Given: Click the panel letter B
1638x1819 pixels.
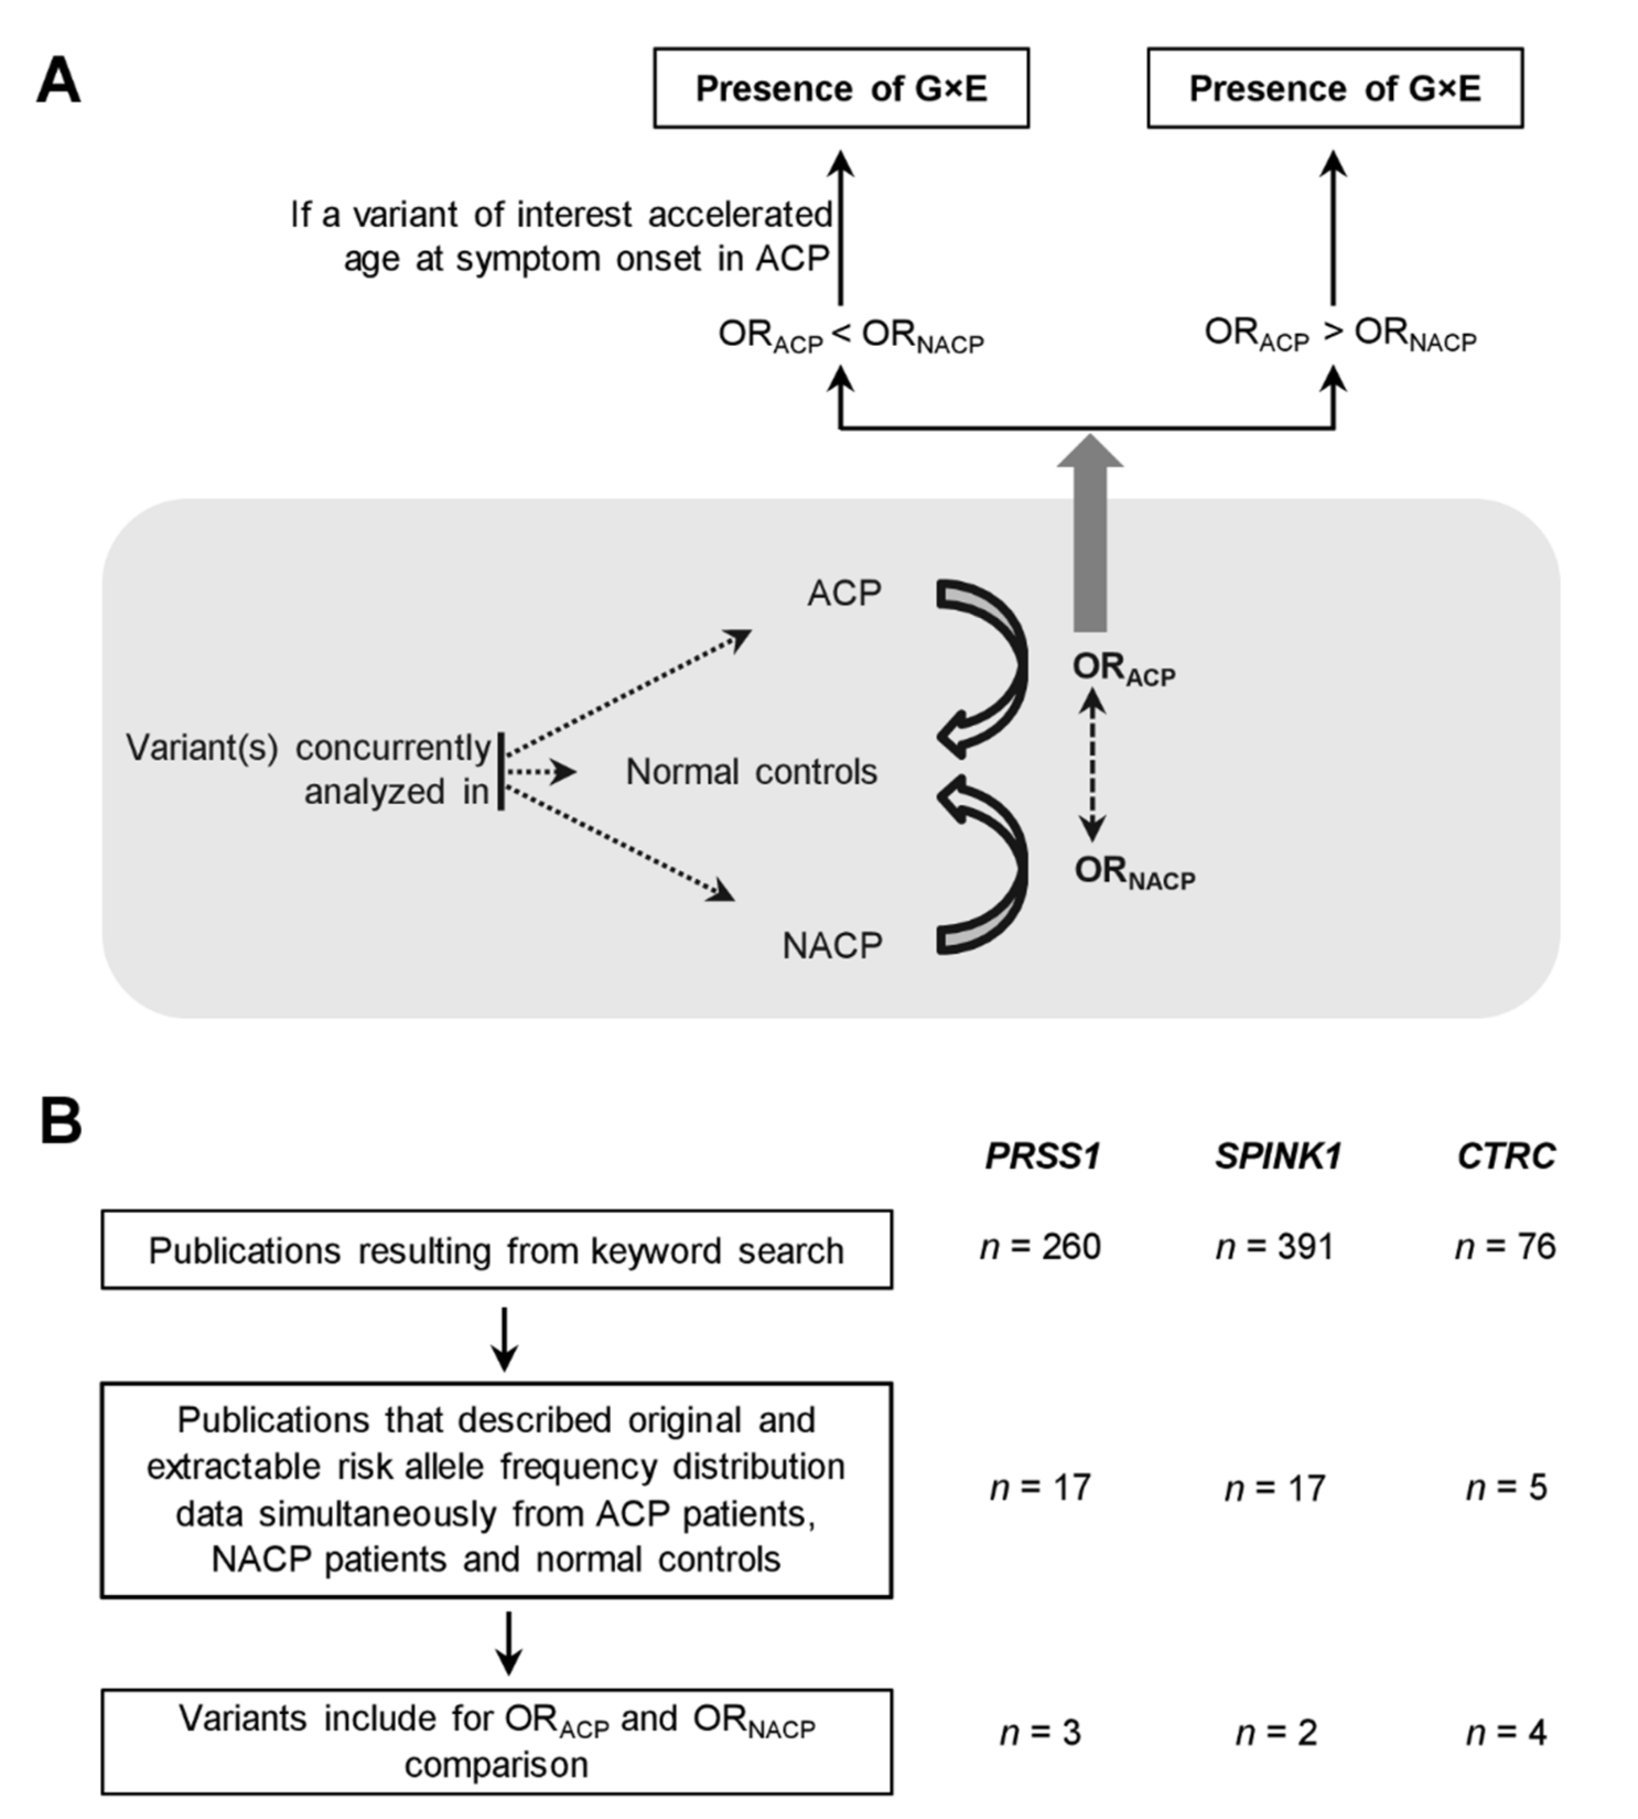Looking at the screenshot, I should tap(61, 1122).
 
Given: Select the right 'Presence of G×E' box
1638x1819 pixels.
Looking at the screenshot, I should tap(1335, 88).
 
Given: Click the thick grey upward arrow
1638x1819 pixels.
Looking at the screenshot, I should tap(1090, 540).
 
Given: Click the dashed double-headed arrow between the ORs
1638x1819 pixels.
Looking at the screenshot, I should tap(1092, 765).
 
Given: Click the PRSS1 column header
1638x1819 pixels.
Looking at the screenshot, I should tap(1042, 1156).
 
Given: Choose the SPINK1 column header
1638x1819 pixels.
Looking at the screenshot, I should tap(1278, 1156).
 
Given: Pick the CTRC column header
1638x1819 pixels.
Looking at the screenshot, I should tap(1506, 1156).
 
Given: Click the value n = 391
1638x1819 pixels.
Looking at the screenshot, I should tap(1274, 1247).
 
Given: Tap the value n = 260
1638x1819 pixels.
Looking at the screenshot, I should tap(1041, 1247).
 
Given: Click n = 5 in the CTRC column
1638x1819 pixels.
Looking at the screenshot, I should tap(1506, 1488).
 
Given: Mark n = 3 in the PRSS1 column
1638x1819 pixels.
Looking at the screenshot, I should tap(1041, 1732).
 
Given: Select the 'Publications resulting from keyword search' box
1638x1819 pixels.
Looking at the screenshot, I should tap(496, 1250).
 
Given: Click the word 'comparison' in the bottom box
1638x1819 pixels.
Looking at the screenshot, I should tap(496, 1765).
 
